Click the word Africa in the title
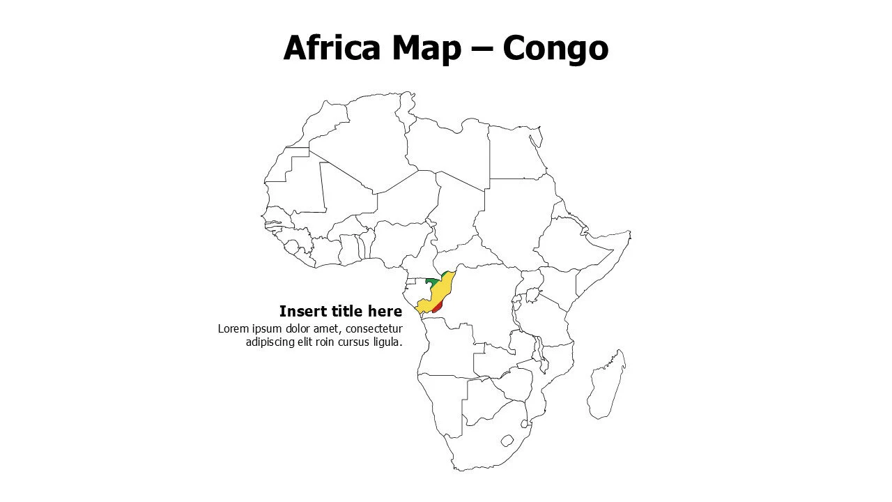[x=332, y=48]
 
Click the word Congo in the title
[x=555, y=48]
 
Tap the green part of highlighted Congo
[x=433, y=282]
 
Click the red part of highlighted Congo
[x=437, y=307]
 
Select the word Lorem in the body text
[x=233, y=329]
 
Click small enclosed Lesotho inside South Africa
[x=507, y=441]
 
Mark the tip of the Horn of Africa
[x=629, y=234]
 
